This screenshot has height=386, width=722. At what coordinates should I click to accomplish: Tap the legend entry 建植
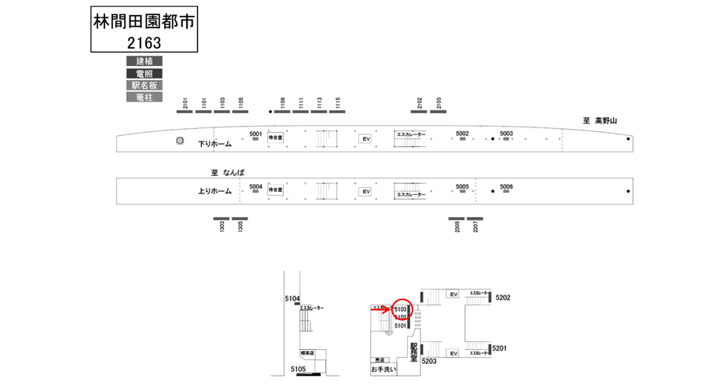pyautogui.click(x=144, y=61)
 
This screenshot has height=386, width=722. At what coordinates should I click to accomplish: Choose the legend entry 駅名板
pyautogui.click(x=144, y=85)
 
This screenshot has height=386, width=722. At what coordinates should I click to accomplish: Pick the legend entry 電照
pyautogui.click(x=144, y=73)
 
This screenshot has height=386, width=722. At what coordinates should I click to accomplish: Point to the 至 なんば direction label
pyautogui.click(x=224, y=172)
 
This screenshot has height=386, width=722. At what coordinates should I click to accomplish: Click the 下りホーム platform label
pyautogui.click(x=214, y=144)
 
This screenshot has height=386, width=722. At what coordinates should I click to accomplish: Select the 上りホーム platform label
pyautogui.click(x=214, y=191)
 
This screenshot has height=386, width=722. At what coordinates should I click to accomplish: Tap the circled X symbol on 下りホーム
pyautogui.click(x=180, y=141)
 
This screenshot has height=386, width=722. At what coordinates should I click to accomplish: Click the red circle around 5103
pyautogui.click(x=401, y=310)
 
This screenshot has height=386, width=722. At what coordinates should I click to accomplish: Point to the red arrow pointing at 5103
pyautogui.click(x=380, y=311)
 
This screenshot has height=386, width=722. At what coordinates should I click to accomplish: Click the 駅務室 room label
pyautogui.click(x=413, y=351)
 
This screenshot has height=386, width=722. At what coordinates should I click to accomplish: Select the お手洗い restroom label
pyautogui.click(x=383, y=368)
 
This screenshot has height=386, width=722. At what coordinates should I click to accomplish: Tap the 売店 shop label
pyautogui.click(x=380, y=358)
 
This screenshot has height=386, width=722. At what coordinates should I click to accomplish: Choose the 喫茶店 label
pyautogui.click(x=306, y=353)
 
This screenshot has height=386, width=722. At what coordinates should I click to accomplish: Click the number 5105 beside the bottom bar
pyautogui.click(x=298, y=369)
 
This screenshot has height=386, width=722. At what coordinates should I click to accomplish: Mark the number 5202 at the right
pyautogui.click(x=504, y=297)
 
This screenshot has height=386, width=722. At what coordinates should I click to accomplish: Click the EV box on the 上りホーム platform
pyautogui.click(x=365, y=191)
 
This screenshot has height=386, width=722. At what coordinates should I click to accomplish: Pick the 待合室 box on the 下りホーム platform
pyautogui.click(x=275, y=137)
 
